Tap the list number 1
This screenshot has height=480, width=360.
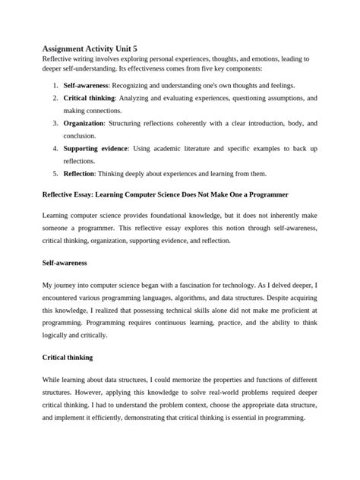(x=55, y=86)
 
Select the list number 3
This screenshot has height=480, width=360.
(x=55, y=122)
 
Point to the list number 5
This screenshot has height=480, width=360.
(x=55, y=172)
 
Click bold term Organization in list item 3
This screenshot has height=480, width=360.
(x=84, y=122)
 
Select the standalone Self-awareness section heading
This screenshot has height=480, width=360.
(x=65, y=263)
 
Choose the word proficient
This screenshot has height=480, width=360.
(x=287, y=310)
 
